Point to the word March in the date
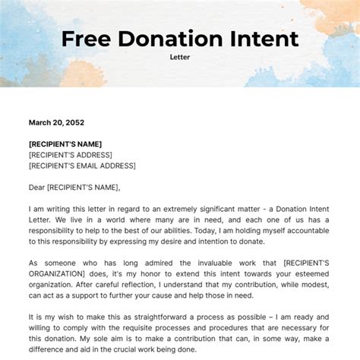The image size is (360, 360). [x=41, y=122]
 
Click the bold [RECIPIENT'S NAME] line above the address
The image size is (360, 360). [x=65, y=144]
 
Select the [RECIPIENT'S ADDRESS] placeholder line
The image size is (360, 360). [x=71, y=155]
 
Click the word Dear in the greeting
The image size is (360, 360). [x=39, y=188]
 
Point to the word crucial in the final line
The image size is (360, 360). [x=144, y=349]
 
